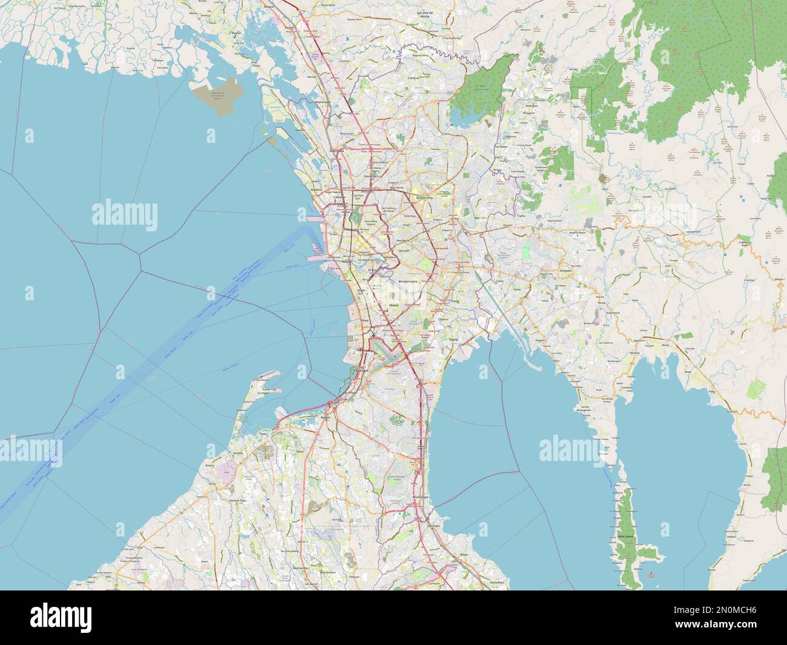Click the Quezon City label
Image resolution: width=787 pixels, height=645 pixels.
(x=423, y=197)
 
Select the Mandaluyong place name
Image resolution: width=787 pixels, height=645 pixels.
(x=411, y=282)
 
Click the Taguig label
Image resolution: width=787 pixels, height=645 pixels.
(x=453, y=340)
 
